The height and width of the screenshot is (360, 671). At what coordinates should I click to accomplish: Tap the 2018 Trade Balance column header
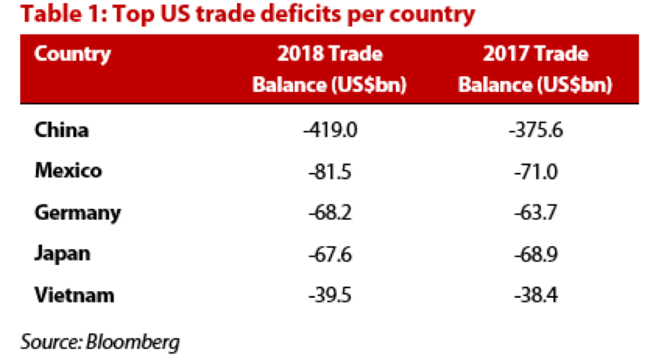(x=329, y=70)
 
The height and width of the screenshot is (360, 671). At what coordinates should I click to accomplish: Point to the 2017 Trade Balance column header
(x=535, y=70)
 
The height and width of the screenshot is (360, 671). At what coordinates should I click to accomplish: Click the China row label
(x=62, y=130)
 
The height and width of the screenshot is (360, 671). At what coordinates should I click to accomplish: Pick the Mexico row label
(x=68, y=171)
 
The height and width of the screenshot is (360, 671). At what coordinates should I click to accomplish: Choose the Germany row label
(x=78, y=213)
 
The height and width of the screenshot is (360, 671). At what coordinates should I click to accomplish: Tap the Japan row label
(x=63, y=254)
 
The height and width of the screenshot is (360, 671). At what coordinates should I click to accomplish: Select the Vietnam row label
(x=75, y=295)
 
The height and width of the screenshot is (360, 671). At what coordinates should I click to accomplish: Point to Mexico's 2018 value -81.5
(x=329, y=171)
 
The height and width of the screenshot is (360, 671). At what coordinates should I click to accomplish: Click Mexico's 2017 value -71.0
(x=535, y=171)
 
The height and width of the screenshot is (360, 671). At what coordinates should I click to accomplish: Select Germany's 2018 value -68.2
(x=329, y=213)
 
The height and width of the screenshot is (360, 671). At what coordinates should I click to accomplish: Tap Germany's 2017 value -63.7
(x=535, y=213)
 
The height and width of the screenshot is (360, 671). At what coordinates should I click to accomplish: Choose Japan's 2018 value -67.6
(x=329, y=254)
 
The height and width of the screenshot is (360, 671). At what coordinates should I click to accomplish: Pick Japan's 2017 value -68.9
(x=535, y=254)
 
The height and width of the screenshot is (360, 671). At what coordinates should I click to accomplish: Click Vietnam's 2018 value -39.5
(x=329, y=295)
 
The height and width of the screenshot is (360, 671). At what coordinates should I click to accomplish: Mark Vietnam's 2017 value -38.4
(x=535, y=295)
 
